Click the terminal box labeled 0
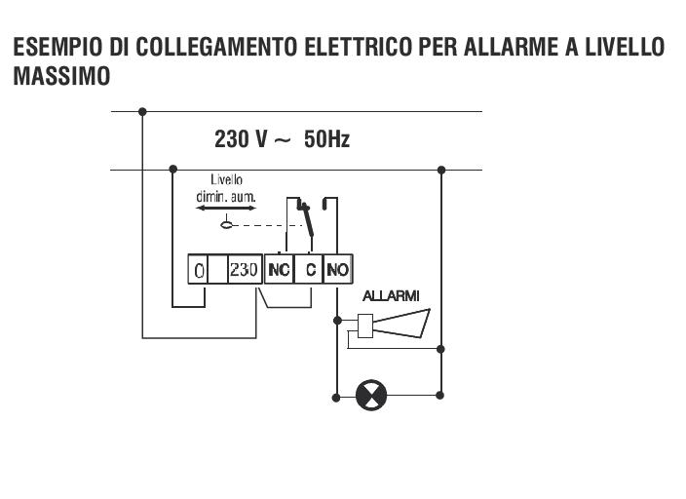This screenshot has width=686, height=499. (197, 269)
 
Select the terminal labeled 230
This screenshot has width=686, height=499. (245, 269)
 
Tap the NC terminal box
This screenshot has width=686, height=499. (279, 269)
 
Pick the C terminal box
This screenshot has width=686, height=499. (309, 269)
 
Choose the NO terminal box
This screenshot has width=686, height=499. (338, 269)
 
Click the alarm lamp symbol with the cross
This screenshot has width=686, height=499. (371, 395)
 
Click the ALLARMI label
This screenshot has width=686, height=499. (391, 296)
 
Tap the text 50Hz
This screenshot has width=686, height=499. (326, 139)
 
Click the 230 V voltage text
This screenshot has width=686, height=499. (240, 139)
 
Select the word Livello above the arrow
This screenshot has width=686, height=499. (226, 179)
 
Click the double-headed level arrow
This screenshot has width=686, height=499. (226, 209)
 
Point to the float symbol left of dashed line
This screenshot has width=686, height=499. (226, 224)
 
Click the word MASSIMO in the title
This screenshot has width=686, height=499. (61, 76)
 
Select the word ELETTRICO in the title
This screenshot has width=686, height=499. (358, 47)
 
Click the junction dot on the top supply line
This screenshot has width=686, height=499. (142, 112)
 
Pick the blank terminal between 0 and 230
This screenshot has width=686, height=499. (217, 269)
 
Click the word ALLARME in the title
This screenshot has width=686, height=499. (511, 47)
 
